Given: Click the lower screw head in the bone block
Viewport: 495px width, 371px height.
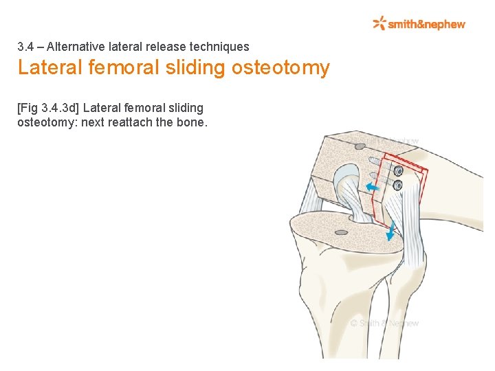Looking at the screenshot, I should click(x=397, y=183).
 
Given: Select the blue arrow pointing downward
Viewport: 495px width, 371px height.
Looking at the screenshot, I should click(x=390, y=232).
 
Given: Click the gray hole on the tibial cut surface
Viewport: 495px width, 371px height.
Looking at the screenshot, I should click(x=341, y=232).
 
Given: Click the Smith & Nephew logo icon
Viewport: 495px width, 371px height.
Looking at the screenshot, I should click(x=379, y=23).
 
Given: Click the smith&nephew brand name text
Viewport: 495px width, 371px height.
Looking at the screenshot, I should click(x=427, y=24).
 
